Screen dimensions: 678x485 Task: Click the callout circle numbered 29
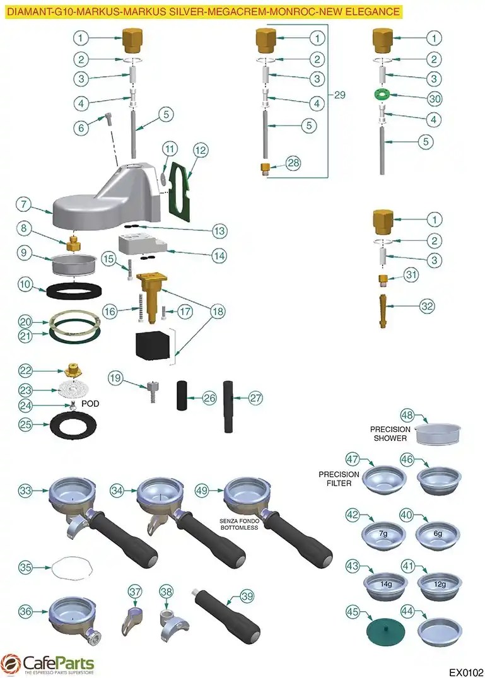[339, 95]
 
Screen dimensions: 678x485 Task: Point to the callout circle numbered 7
[23, 204]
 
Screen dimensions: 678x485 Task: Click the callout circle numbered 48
[407, 416]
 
